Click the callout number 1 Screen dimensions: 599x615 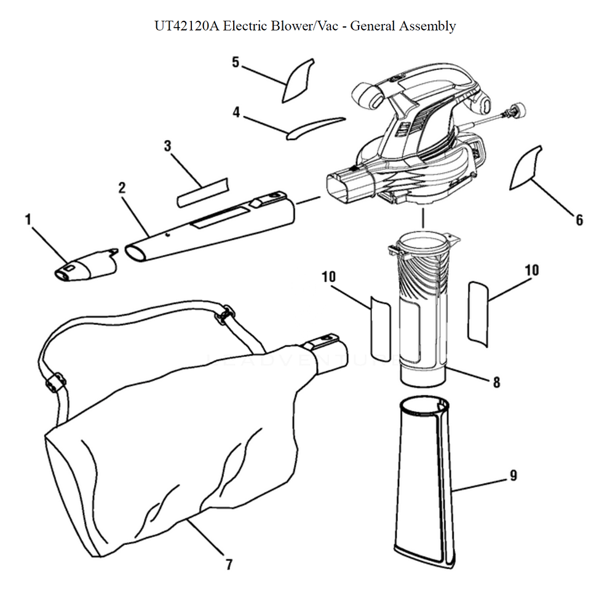point(28,219)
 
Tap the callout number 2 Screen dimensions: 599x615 point(122,187)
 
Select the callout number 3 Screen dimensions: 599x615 point(167,146)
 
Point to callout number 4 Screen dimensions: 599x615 point(236,112)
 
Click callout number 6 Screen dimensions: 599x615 point(579,219)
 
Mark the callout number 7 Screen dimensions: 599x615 point(229,564)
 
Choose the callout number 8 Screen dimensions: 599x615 point(496,382)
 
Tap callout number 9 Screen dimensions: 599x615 point(513,475)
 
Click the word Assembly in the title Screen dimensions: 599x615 point(427,26)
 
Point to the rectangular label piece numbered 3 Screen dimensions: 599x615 point(202,192)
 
